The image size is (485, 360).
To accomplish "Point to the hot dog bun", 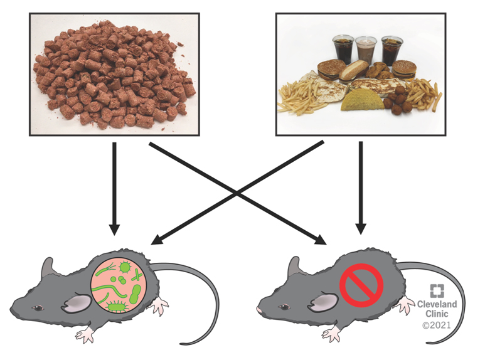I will (x=354, y=70).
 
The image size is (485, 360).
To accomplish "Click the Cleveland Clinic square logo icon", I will (x=437, y=291).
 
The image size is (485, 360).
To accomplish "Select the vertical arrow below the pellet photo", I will (x=114, y=188).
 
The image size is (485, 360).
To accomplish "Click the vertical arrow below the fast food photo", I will (x=361, y=188).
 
